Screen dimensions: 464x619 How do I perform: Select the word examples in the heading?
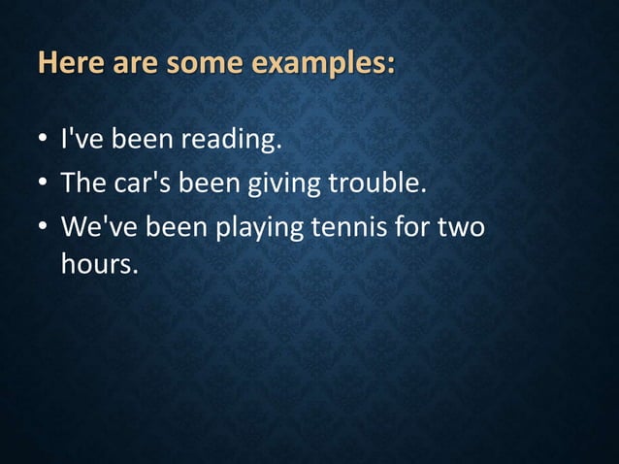pyautogui.click(x=323, y=65)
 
